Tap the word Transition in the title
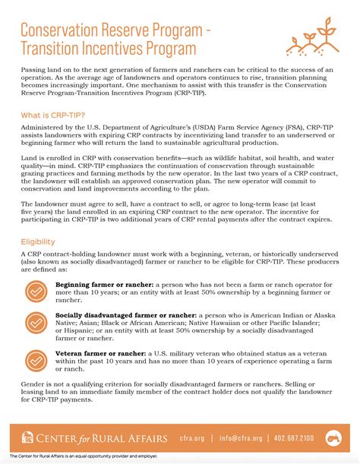(55, 49)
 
